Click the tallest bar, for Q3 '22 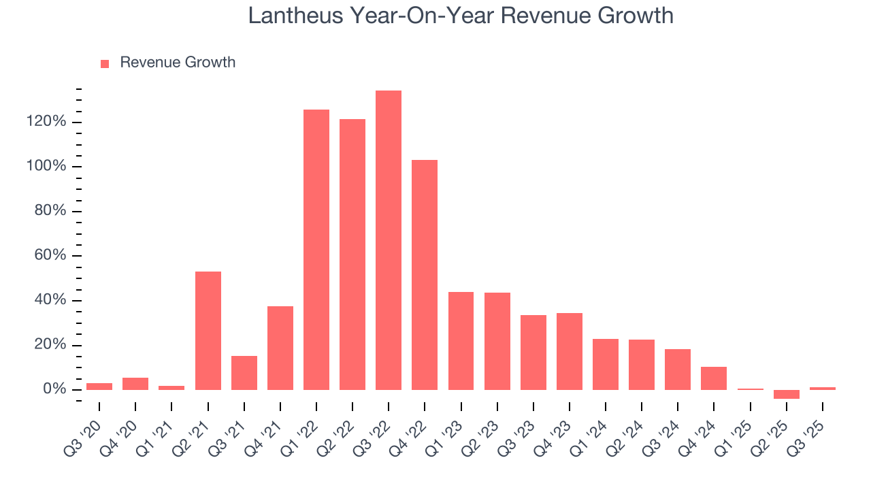389,240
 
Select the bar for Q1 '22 316,249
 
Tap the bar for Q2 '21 208,330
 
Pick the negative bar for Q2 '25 787,394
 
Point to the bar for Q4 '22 425,274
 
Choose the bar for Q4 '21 280,348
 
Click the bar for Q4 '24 714,378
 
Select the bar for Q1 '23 461,340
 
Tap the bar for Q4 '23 570,351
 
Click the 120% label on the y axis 47,122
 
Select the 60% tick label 50,256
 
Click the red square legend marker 105,63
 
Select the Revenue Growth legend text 178,63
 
